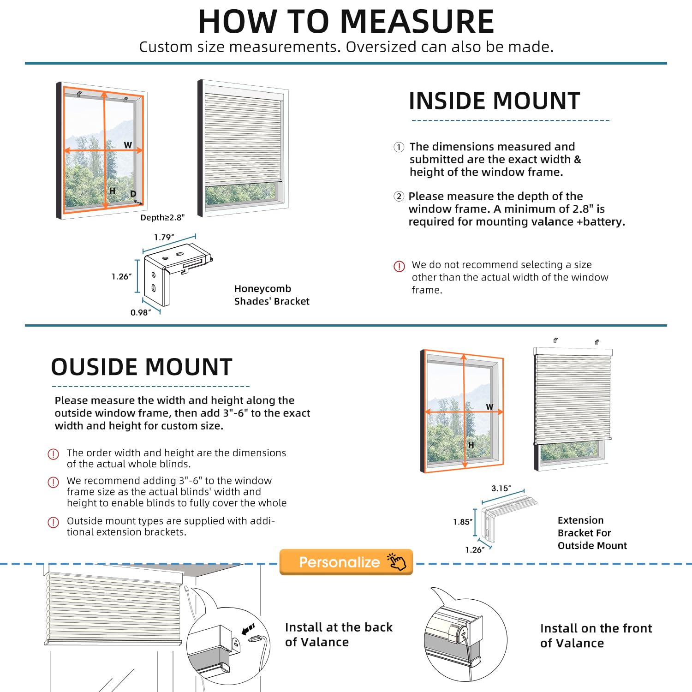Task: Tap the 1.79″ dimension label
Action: click(x=164, y=238)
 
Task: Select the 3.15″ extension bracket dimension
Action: click(x=501, y=489)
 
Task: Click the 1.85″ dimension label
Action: click(x=463, y=522)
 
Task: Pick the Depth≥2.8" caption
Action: click(x=162, y=218)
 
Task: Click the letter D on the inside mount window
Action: click(x=133, y=194)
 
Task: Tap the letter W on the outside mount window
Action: click(x=489, y=407)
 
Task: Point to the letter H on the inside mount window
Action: click(x=112, y=191)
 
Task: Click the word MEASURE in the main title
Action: click(x=417, y=22)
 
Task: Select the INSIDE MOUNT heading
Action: click(x=494, y=101)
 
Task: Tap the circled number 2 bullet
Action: click(x=399, y=197)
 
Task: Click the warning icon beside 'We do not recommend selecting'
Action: click(x=399, y=266)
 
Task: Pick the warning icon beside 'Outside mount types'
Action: click(x=54, y=522)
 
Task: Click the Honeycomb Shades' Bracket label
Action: click(x=271, y=295)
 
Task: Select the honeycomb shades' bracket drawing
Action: click(x=175, y=274)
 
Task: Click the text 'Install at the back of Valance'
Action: click(x=339, y=634)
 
